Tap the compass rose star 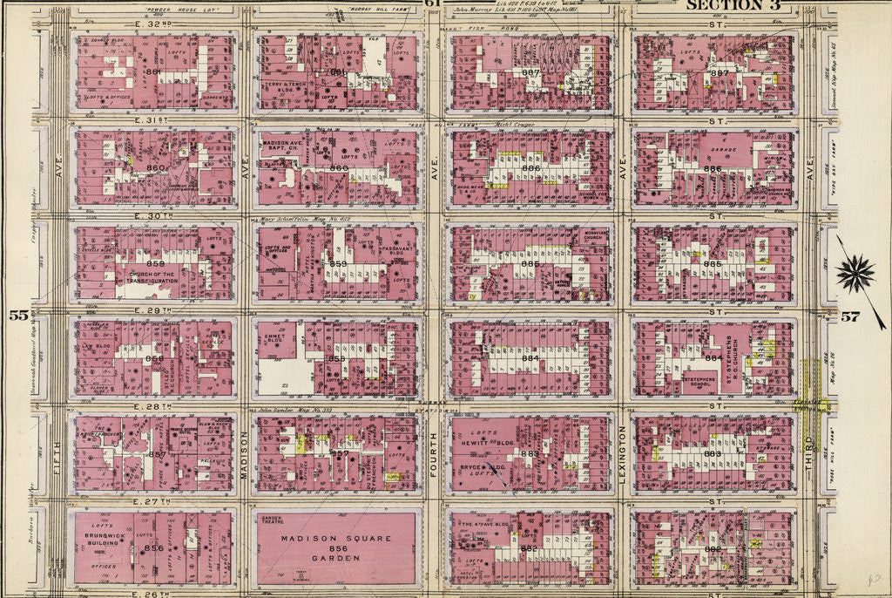click(x=855, y=274)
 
